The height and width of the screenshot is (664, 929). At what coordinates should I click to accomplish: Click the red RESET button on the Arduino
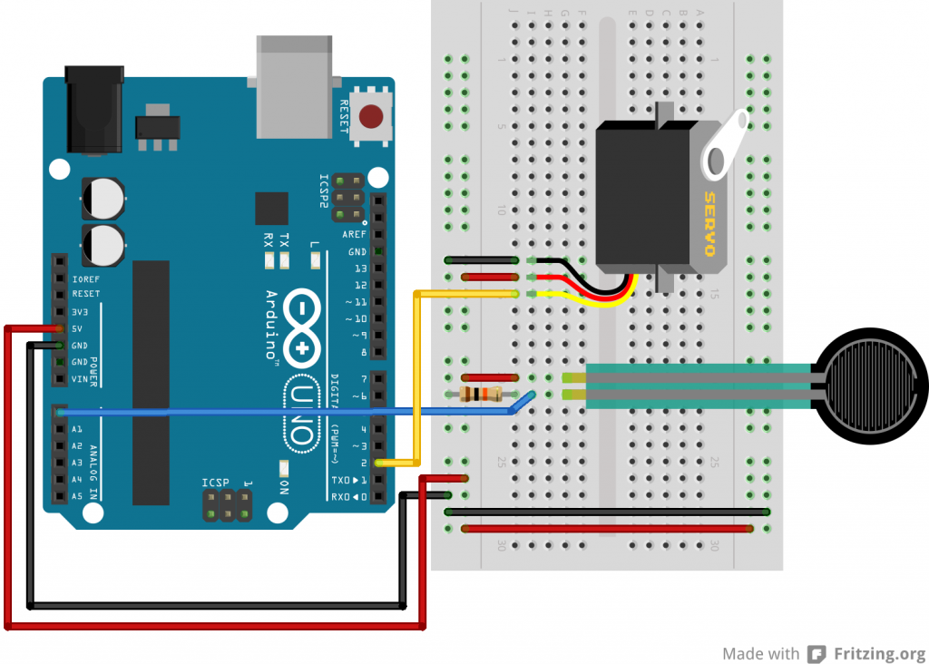[370, 117]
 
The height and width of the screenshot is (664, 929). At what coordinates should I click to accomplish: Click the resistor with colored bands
[481, 394]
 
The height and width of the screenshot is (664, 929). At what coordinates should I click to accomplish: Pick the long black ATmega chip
[151, 382]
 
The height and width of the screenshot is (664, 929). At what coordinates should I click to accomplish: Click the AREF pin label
[355, 234]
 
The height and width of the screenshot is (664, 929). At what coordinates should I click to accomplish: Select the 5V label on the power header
[78, 327]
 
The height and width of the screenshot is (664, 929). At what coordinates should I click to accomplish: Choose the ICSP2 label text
[323, 191]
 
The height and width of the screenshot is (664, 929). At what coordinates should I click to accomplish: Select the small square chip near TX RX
[271, 209]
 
